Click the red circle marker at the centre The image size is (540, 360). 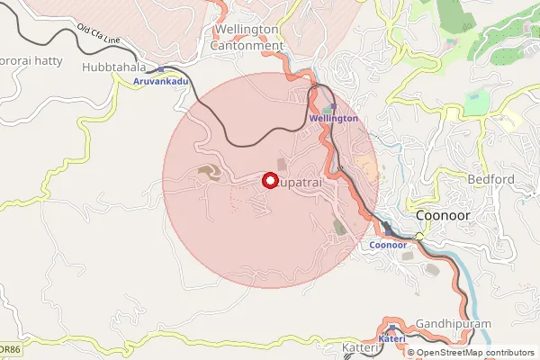point(269,180)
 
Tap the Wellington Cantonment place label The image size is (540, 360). point(247,37)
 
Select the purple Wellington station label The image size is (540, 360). point(333,118)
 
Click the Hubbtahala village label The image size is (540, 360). point(112,67)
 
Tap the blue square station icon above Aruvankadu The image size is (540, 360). point(160,69)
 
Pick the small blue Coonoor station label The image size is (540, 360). point(389,245)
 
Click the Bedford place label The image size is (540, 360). point(490,179)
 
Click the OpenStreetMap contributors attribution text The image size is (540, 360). point(474,353)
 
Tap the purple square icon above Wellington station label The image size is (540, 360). point(334,106)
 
